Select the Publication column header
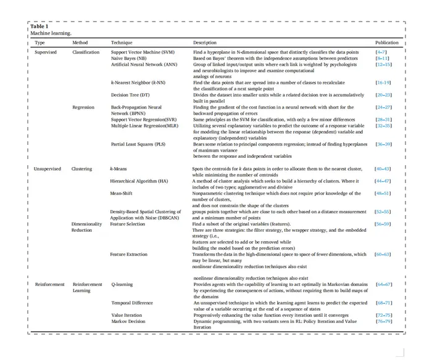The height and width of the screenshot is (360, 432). (387, 43)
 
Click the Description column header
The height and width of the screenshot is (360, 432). (204, 43)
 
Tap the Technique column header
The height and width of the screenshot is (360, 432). (122, 43)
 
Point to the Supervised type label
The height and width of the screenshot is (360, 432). (45, 52)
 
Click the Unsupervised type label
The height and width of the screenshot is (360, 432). (48, 168)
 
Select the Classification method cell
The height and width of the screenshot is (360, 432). (86, 52)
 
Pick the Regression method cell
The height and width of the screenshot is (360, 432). (83, 107)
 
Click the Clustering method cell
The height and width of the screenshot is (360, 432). (81, 168)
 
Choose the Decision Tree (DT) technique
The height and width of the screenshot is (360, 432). (130, 95)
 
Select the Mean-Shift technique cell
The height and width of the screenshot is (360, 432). (122, 193)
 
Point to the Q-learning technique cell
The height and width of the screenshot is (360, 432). (122, 285)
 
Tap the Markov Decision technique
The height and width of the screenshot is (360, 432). (129, 321)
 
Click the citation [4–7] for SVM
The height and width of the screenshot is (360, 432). (381, 52)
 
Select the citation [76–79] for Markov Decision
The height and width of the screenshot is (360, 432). (383, 321)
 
